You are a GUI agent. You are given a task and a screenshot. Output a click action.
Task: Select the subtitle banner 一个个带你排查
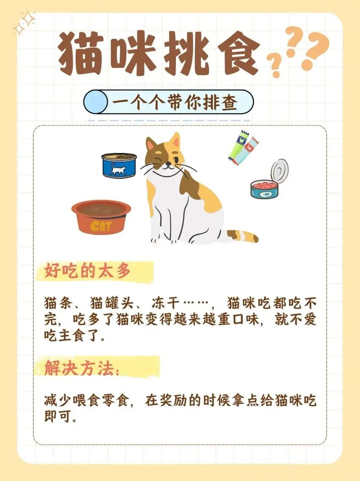click(x=168, y=102)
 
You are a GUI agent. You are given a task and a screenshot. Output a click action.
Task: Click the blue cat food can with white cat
click(x=119, y=165)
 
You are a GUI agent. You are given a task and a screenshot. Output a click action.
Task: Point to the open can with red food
click(x=269, y=182)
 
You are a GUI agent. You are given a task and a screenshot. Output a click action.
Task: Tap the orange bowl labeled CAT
click(x=101, y=216)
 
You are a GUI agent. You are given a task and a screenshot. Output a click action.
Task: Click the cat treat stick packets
click(x=243, y=146)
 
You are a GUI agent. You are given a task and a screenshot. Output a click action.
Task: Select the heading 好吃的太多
click(x=88, y=271)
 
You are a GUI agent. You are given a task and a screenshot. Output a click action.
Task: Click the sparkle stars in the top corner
click(x=24, y=22)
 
